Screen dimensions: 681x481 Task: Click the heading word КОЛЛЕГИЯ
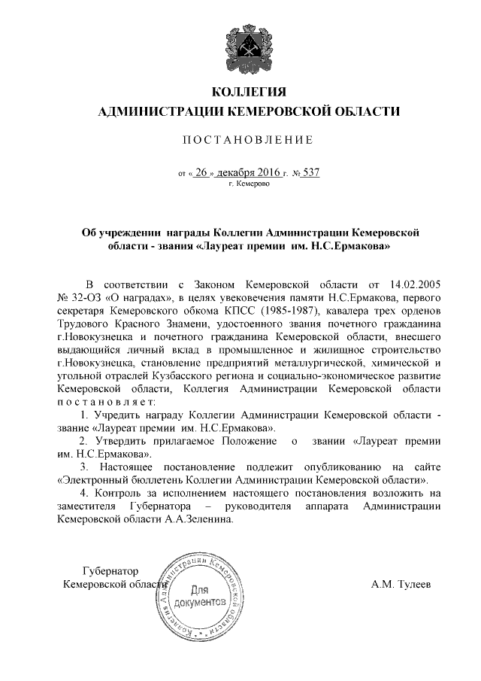pyautogui.click(x=250, y=93)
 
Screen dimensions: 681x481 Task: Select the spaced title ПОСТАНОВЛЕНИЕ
pyautogui.click(x=249, y=141)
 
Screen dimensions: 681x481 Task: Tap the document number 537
pyautogui.click(x=310, y=172)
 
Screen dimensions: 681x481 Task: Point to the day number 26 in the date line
pyautogui.click(x=200, y=172)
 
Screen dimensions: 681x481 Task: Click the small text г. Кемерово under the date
pyautogui.click(x=249, y=184)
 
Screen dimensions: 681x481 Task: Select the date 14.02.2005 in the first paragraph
pyautogui.click(x=411, y=286)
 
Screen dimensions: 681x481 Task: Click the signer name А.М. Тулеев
pyautogui.click(x=401, y=585)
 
